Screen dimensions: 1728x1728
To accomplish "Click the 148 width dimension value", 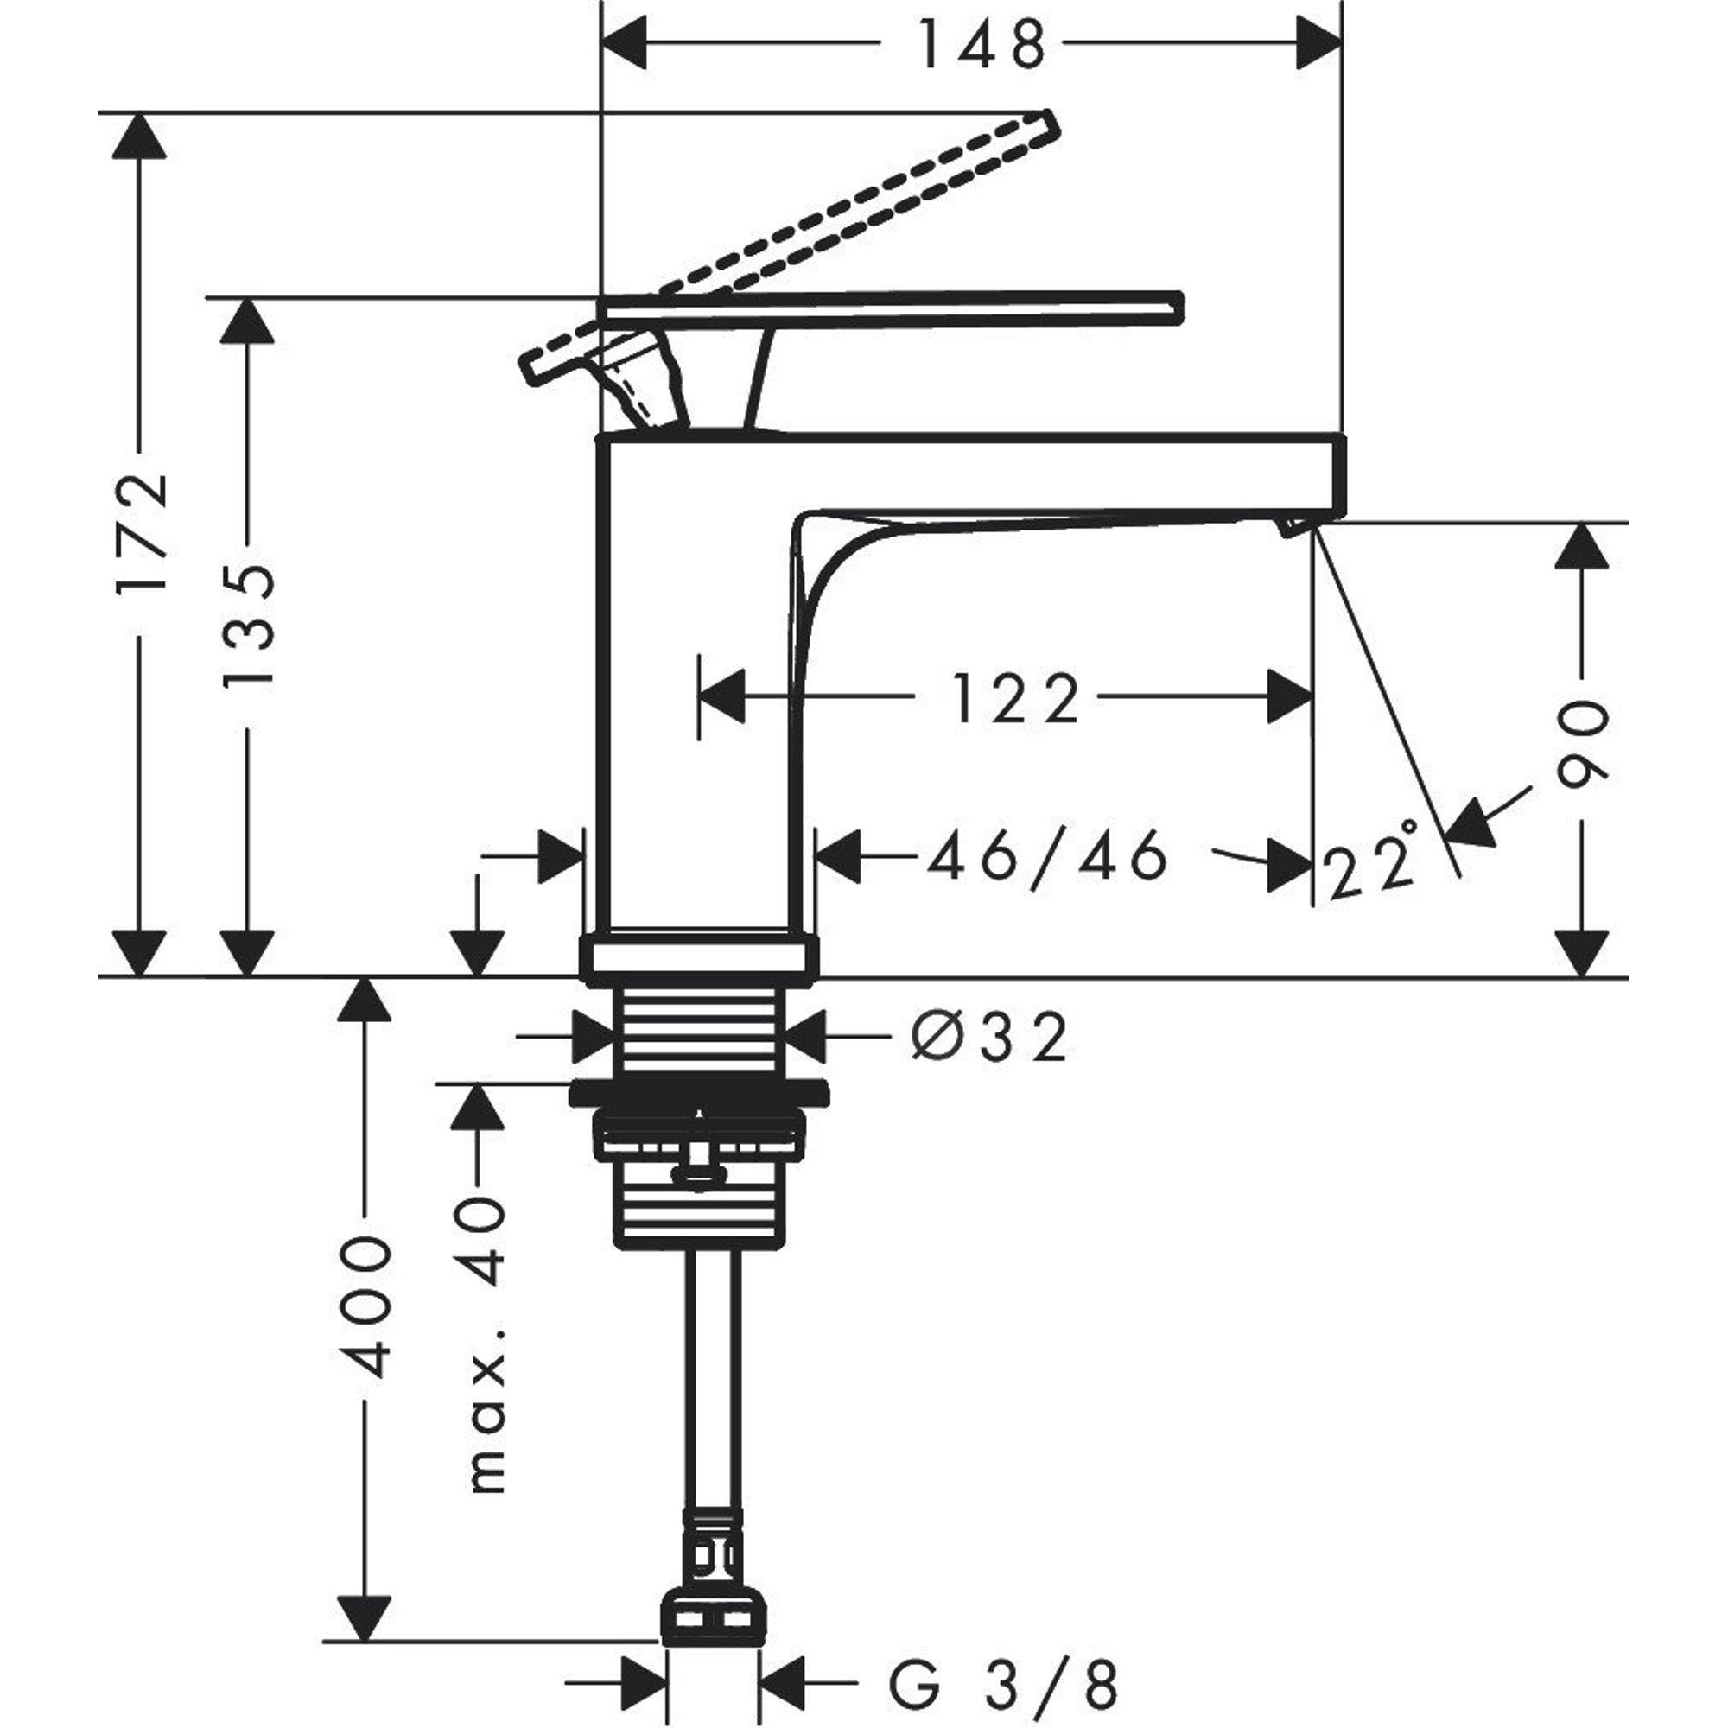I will coord(982,45).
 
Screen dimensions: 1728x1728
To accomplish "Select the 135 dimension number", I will coord(248,626).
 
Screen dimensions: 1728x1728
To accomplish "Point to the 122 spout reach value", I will coord(1015,700).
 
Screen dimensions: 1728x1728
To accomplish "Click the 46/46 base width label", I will coord(1046,856).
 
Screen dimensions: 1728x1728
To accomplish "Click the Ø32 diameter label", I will coord(990,1039).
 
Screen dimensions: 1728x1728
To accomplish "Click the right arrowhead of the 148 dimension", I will coord(1319,43).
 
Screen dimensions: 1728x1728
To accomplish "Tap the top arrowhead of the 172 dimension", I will coord(138,137).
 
